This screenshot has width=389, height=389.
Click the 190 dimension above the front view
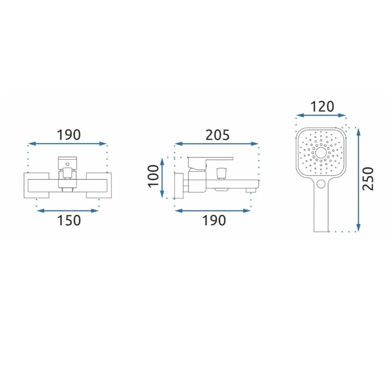(x=69, y=135)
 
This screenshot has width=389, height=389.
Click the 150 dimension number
(x=69, y=220)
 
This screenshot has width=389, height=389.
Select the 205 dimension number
(x=218, y=135)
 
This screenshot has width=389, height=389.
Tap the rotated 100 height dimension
(x=153, y=176)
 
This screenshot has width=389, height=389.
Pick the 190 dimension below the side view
(x=214, y=220)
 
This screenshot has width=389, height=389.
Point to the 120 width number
(x=322, y=106)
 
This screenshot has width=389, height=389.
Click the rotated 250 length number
(x=368, y=179)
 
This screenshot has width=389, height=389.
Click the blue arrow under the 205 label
(x=217, y=144)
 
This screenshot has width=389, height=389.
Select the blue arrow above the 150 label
(x=67, y=211)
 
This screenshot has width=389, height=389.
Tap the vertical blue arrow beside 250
(x=358, y=180)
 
